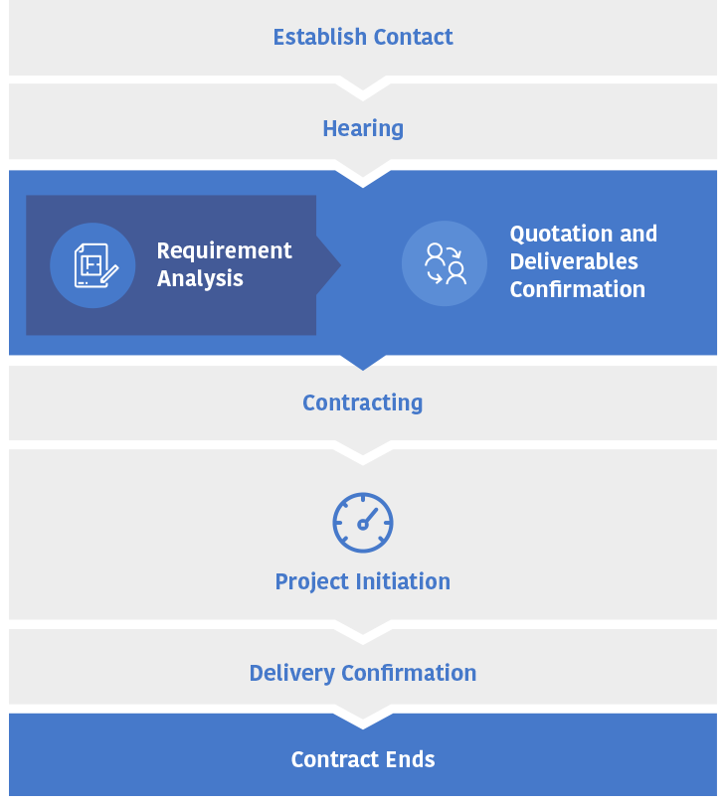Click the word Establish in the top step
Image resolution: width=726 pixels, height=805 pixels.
pos(319,37)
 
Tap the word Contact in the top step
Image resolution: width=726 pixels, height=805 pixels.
pos(414,37)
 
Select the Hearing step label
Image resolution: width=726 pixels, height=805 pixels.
pos(363,129)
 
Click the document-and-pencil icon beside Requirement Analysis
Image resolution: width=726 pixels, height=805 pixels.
pos(96,265)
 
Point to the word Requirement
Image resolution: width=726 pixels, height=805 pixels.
pos(225,250)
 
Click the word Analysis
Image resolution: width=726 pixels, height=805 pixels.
pos(200,279)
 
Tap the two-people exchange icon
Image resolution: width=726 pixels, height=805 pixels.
pos(445,264)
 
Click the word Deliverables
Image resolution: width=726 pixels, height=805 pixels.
pos(574,261)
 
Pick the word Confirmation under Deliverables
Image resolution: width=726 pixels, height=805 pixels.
pos(578,289)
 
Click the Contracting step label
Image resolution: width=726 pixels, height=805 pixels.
pos(363,403)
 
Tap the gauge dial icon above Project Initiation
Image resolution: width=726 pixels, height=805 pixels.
pos(363,523)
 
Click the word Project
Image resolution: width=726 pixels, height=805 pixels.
pos(312,582)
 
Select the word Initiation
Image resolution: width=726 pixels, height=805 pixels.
pos(404,581)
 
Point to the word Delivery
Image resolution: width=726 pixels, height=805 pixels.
pos(291,674)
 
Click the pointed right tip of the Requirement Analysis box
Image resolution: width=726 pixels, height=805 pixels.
pos(341,265)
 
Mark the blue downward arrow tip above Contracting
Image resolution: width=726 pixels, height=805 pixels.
pos(363,370)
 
